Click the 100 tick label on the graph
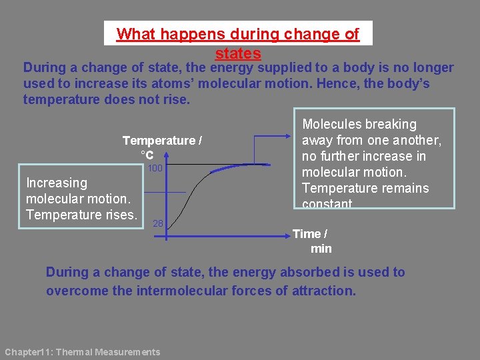click(155, 168)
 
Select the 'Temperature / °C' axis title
click(162, 147)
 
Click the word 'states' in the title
click(238, 53)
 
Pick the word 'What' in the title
click(135, 34)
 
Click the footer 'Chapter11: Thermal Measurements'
click(83, 352)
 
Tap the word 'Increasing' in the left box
click(56, 183)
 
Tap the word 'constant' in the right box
click(327, 204)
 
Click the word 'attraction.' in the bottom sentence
click(324, 291)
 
